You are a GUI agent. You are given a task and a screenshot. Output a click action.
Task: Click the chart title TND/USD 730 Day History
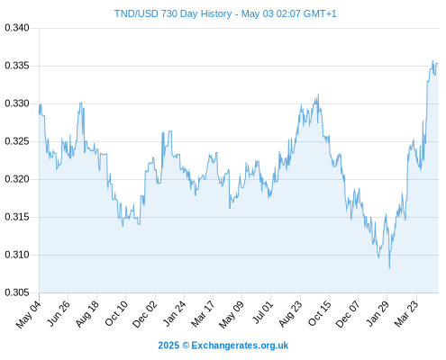pyautogui.click(x=173, y=13)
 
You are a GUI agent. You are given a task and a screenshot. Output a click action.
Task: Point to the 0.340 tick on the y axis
pyautogui.click(x=17, y=28)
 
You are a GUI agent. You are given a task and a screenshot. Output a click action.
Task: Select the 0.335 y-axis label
pyautogui.click(x=17, y=66)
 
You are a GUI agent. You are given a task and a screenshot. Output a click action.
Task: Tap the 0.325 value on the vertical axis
pyautogui.click(x=17, y=141)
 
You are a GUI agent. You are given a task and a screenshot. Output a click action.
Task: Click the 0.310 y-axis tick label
pyautogui.click(x=17, y=255)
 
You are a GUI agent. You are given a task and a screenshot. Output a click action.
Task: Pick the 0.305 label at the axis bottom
pyautogui.click(x=17, y=292)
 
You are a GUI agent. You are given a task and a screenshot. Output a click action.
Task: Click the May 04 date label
pyautogui.click(x=29, y=314)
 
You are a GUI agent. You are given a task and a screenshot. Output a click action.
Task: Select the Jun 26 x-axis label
pyautogui.click(x=59, y=313)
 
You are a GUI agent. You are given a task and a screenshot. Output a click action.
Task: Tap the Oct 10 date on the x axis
pyautogui.click(x=116, y=313)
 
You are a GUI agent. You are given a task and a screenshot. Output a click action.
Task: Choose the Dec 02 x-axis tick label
pyautogui.click(x=145, y=314)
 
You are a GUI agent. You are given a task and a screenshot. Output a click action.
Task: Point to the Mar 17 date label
pyautogui.click(x=203, y=314)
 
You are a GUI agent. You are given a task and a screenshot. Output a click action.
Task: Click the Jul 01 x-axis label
pyautogui.click(x=263, y=312)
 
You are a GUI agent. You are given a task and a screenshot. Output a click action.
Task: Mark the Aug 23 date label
pyautogui.click(x=290, y=314)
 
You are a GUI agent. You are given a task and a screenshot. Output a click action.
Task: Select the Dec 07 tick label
pyautogui.click(x=348, y=314)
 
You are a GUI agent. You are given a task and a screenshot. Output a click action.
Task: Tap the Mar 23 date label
pyautogui.click(x=406, y=314)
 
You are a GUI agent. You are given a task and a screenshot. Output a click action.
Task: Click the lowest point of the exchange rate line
pyautogui.click(x=389, y=268)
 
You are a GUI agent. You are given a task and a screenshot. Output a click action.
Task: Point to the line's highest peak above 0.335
pyautogui.click(x=432, y=61)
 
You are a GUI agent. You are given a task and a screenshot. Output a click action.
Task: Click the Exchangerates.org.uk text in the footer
pyautogui.click(x=240, y=346)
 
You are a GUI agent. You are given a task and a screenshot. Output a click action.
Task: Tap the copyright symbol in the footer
pyautogui.click(x=186, y=346)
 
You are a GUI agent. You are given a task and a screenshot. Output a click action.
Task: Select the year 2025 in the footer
pyautogui.click(x=168, y=346)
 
